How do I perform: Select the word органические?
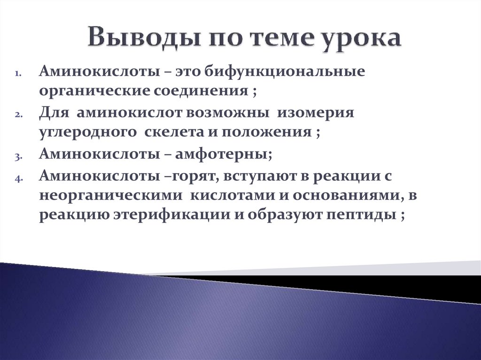point(93,91)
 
